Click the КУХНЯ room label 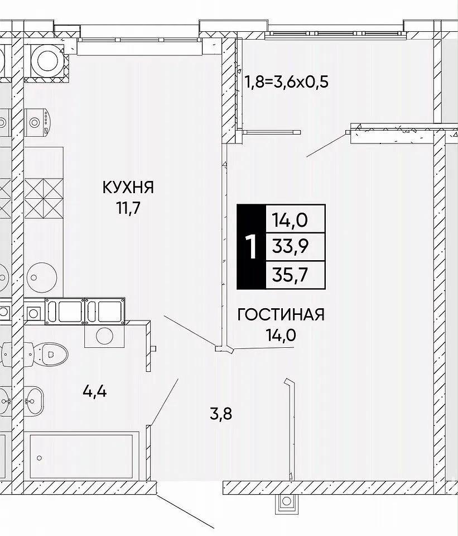click(x=128, y=188)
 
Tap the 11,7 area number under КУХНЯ click(x=128, y=208)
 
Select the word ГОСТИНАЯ click(x=281, y=314)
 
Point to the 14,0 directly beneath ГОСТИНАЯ click(x=281, y=335)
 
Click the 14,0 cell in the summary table click(x=295, y=219)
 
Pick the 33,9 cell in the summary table click(x=295, y=247)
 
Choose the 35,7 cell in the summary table click(x=295, y=275)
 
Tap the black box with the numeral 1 click(x=251, y=247)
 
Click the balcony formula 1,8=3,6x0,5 click(x=286, y=82)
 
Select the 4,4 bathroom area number click(x=95, y=391)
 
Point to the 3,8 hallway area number click(x=221, y=414)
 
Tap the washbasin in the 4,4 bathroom click(x=33, y=399)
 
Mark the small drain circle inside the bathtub click(x=39, y=458)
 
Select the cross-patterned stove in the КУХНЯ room click(x=44, y=199)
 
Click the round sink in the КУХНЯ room click(x=42, y=277)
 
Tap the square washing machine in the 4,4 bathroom click(x=104, y=336)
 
